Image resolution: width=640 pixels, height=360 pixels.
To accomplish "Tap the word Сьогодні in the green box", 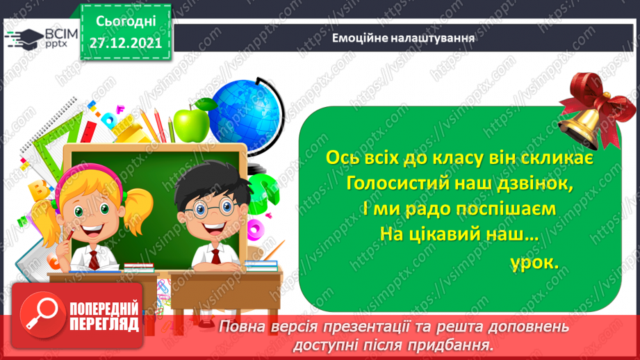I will point(126,21).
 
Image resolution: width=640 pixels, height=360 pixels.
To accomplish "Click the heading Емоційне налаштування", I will point(404,38).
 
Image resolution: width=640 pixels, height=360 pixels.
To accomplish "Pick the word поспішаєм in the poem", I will point(494,209).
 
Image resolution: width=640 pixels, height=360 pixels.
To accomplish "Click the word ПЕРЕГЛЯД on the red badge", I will point(104,323).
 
